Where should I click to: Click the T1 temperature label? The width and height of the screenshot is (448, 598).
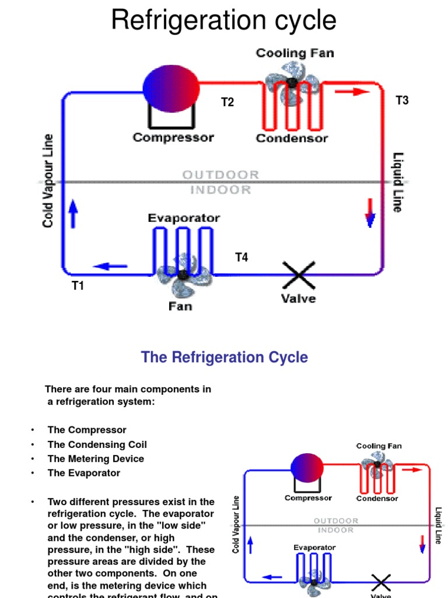pyautogui.click(x=78, y=286)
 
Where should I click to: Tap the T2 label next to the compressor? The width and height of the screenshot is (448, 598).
pyautogui.click(x=227, y=102)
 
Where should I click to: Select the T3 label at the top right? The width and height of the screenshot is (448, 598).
pyautogui.click(x=402, y=100)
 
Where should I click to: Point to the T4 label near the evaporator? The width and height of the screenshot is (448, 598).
pyautogui.click(x=242, y=257)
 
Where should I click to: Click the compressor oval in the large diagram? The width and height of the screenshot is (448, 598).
pyautogui.click(x=171, y=88)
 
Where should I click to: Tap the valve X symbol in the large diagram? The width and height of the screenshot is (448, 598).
pyautogui.click(x=299, y=274)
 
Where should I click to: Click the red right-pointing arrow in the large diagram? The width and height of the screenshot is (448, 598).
pyautogui.click(x=353, y=92)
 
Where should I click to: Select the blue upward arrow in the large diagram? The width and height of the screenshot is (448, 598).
pyautogui.click(x=73, y=214)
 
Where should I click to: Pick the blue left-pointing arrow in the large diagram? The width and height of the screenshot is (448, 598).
pyautogui.click(x=110, y=266)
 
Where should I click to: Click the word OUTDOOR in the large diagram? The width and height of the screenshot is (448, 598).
pyautogui.click(x=221, y=175)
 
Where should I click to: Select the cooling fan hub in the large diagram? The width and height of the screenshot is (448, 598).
pyautogui.click(x=292, y=83)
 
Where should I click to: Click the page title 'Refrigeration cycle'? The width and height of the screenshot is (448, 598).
pyautogui.click(x=223, y=20)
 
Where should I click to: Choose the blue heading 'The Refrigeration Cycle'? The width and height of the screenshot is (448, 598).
pyautogui.click(x=225, y=357)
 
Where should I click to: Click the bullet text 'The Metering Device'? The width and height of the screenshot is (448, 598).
pyautogui.click(x=96, y=458)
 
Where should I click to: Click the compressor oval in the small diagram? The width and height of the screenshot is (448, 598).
pyautogui.click(x=307, y=467)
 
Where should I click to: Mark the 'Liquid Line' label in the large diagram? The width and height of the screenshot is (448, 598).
pyautogui.click(x=398, y=182)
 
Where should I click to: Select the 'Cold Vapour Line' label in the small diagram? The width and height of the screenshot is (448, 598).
pyautogui.click(x=236, y=524)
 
